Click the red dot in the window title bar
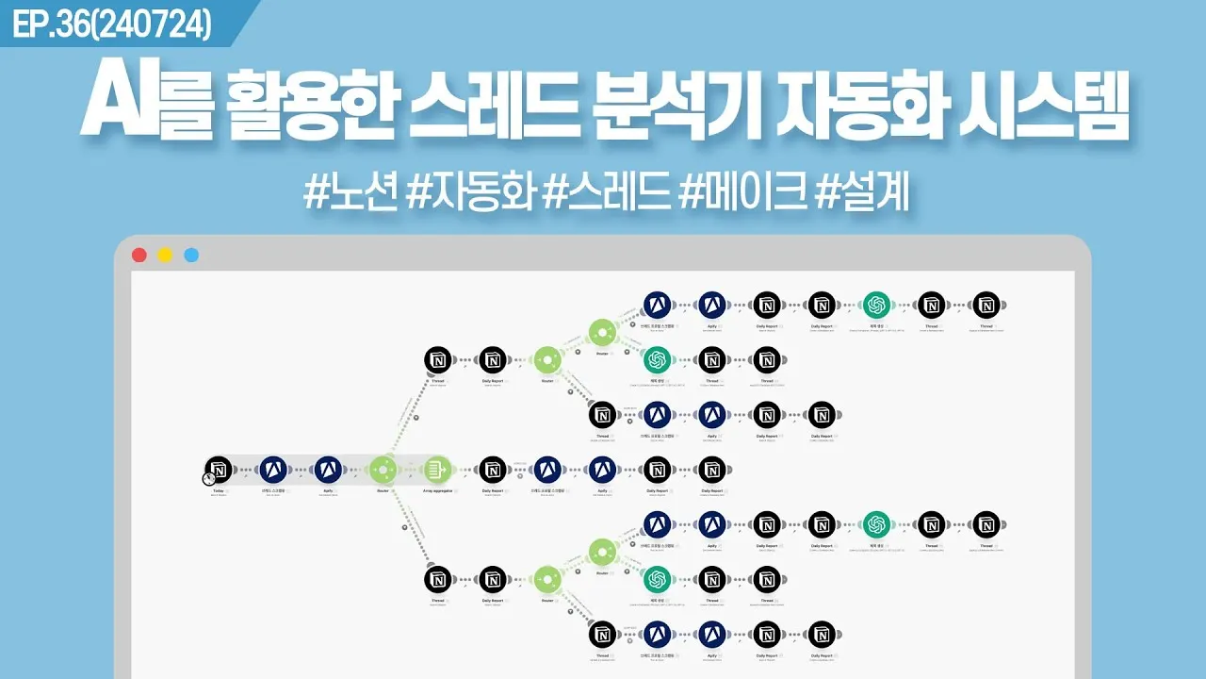click(x=139, y=255)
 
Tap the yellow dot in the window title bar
click(x=165, y=255)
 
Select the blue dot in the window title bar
click(x=191, y=255)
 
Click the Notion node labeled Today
click(x=219, y=469)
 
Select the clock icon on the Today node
click(x=208, y=479)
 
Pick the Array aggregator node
click(x=437, y=469)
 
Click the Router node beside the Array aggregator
click(x=383, y=469)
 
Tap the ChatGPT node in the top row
click(x=876, y=305)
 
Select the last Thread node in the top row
click(x=986, y=305)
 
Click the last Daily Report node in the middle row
click(x=712, y=469)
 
